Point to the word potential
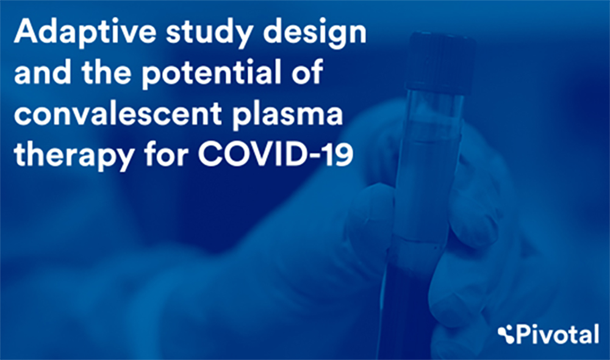211,74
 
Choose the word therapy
74,155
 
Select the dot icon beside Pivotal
506,335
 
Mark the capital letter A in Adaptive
27,32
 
